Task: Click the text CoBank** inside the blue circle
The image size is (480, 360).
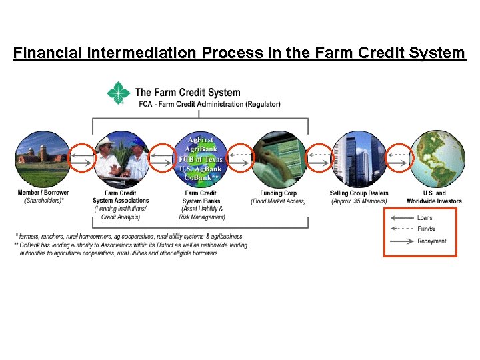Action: click(201, 177)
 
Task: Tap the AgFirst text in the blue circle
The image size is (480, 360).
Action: click(201, 140)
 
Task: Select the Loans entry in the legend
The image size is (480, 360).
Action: click(425, 218)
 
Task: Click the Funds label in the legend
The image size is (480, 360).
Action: click(426, 229)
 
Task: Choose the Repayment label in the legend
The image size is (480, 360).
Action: click(431, 241)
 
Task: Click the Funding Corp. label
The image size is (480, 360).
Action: click(279, 193)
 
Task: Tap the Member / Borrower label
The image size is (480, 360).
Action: click(43, 193)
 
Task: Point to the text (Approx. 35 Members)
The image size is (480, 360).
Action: click(359, 201)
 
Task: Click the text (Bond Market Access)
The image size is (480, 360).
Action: click(279, 201)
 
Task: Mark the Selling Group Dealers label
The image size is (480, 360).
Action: click(359, 193)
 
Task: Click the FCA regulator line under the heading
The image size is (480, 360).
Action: click(209, 105)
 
